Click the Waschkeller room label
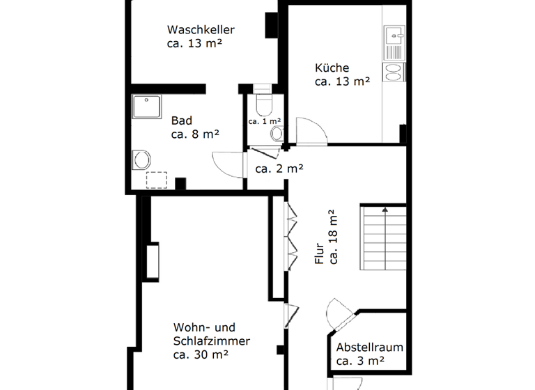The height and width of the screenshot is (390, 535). click(200, 30)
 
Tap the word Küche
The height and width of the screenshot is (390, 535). click(332, 68)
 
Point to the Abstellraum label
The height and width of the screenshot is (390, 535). click(369, 348)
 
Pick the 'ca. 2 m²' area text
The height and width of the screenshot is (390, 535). click(279, 169)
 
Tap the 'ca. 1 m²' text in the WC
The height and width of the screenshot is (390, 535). click(265, 121)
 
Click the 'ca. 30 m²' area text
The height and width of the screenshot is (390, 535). click(201, 354)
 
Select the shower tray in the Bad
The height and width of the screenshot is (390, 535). click(146, 108)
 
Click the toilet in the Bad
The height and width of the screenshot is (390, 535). click(141, 159)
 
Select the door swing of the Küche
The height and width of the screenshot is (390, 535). click(310, 132)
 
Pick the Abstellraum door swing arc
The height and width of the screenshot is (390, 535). click(342, 311)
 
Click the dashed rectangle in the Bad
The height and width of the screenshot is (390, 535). click(157, 179)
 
